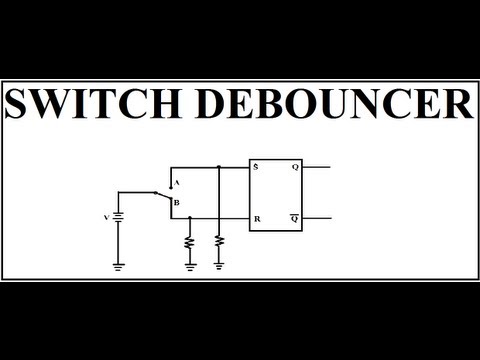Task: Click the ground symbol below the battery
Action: click(119, 267)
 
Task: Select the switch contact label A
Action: click(176, 184)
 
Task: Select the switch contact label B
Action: click(176, 204)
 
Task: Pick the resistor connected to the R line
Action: click(190, 243)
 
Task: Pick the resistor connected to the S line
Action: click(219, 243)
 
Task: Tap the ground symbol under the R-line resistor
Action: click(190, 266)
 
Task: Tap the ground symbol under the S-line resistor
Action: click(219, 266)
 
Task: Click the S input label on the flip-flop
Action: click(257, 166)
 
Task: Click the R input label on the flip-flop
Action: click(257, 217)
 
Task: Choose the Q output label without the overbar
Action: click(295, 166)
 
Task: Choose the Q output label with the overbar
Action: click(295, 216)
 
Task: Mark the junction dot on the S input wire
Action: click(219, 166)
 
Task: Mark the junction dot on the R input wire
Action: click(190, 217)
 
